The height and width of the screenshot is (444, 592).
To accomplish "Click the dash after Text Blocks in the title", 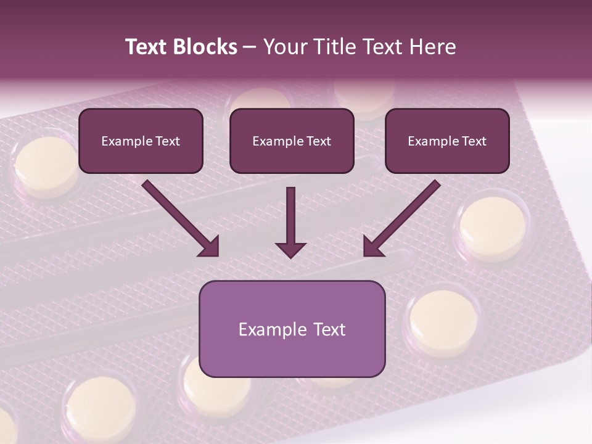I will pyautogui.click(x=250, y=47).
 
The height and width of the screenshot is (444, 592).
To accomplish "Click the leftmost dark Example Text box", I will pyautogui.click(x=141, y=141).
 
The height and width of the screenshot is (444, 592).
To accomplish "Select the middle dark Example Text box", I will pyautogui.click(x=292, y=141).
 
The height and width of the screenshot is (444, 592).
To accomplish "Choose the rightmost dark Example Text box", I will pyautogui.click(x=447, y=141).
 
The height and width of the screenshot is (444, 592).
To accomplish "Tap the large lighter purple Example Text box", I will pyautogui.click(x=292, y=329).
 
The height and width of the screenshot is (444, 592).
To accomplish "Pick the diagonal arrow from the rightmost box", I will pyautogui.click(x=401, y=218).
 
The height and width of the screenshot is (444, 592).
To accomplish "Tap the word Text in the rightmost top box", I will pyautogui.click(x=474, y=141).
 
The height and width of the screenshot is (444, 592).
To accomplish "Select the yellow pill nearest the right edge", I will pyautogui.click(x=493, y=228).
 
